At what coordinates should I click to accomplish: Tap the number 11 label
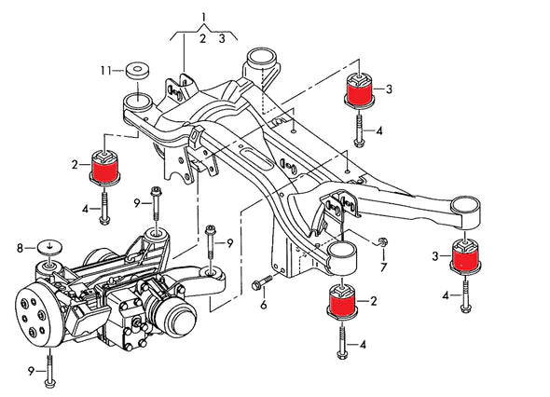107,69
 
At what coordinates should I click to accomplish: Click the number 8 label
19,248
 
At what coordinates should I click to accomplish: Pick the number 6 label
263,304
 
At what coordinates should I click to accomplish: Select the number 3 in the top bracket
222,38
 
